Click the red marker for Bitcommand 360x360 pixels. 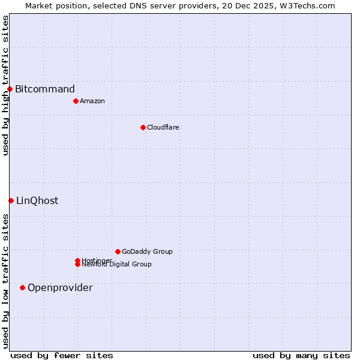[10, 89]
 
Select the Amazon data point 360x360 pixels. [76, 101]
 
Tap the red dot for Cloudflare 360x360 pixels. [143, 127]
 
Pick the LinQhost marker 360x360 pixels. [11, 200]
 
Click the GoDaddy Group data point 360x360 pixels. [118, 251]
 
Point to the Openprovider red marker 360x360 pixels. [22, 287]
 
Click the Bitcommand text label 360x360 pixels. [45, 89]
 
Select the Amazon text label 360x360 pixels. [92, 101]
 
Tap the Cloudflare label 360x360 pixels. [163, 127]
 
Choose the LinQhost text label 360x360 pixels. [37, 200]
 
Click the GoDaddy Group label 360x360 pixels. [147, 251]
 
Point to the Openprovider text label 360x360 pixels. [60, 287]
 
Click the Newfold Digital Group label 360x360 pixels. [117, 265]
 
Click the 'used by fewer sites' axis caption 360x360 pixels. [62, 355]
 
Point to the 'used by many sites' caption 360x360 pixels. [301, 355]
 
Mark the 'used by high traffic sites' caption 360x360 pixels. [5, 85]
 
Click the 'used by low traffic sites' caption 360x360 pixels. [5, 280]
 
